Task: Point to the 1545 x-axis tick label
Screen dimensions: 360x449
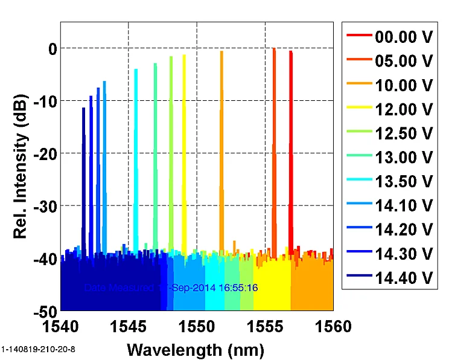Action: [129, 327]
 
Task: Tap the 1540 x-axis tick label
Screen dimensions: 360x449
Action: [60, 327]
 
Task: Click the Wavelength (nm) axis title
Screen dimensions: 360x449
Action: [196, 349]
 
